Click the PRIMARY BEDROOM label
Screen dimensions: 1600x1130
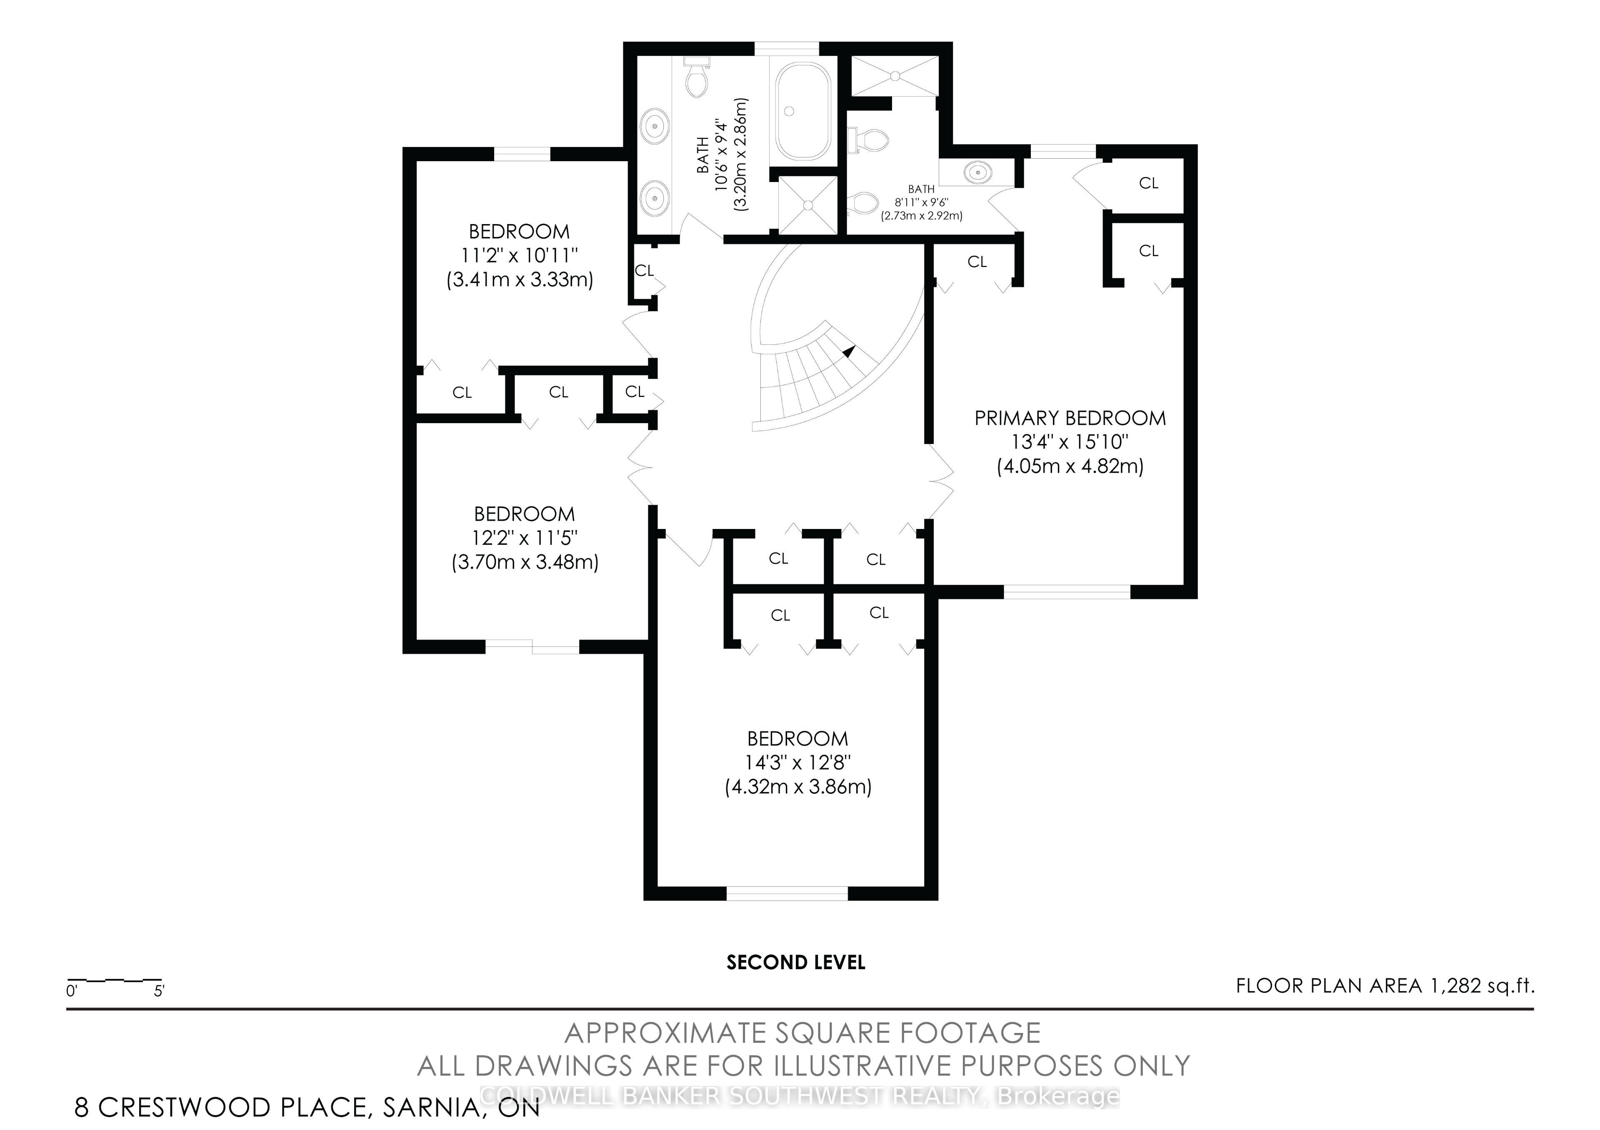click(1070, 418)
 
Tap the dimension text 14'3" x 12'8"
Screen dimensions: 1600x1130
click(798, 763)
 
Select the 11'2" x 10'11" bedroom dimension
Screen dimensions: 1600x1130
click(519, 256)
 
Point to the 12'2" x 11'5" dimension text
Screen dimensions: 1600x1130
click(525, 538)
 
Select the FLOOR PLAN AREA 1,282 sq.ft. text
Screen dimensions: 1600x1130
click(1385, 986)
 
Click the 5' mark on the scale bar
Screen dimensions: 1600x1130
click(159, 990)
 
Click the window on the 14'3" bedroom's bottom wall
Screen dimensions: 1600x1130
click(787, 893)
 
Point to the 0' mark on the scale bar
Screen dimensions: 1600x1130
click(71, 990)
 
